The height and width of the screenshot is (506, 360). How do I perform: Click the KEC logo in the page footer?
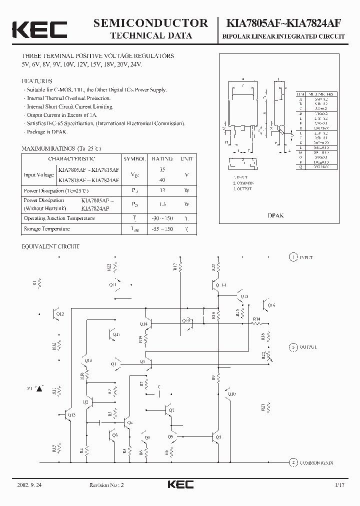180,484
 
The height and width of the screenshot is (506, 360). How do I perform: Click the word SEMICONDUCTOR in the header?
151,23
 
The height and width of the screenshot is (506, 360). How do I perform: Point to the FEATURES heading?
37,81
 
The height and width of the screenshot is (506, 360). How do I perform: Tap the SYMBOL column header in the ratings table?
135,158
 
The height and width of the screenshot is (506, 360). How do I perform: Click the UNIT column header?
187,158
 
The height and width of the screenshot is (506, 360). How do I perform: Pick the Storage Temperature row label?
46,229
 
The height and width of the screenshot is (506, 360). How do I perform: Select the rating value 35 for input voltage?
162,169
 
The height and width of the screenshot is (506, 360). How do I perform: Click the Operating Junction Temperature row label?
59,218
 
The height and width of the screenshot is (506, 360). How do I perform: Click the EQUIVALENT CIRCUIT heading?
50,246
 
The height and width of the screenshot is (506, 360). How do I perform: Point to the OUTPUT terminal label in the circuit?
308,346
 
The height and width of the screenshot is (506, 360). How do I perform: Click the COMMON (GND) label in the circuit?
316,463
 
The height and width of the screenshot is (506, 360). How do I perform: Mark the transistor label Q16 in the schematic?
271,304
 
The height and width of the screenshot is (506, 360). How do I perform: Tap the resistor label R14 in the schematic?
256,318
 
